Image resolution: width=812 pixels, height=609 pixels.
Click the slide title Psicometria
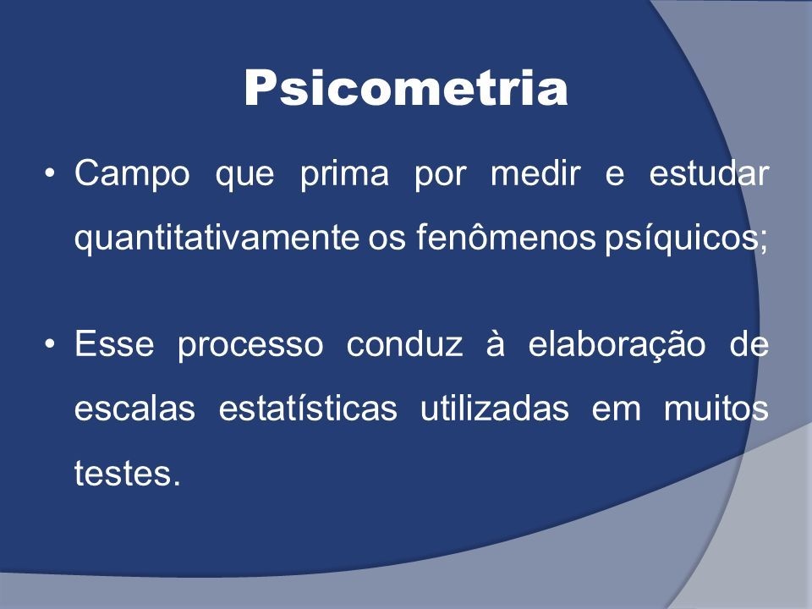(406, 87)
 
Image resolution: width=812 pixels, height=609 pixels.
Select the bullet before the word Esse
(50, 343)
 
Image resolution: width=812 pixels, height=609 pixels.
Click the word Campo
(132, 174)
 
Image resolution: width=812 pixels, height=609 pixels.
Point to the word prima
(344, 174)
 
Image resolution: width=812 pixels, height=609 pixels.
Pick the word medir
(535, 173)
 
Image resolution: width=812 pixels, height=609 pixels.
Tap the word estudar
(709, 173)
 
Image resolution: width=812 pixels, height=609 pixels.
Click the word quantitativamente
(217, 239)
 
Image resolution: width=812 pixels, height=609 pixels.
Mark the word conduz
(404, 343)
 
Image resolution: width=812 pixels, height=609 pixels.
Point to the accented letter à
(495, 343)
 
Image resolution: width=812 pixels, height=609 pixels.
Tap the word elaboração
(617, 345)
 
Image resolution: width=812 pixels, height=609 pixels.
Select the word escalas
(134, 408)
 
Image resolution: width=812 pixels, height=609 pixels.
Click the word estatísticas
(308, 408)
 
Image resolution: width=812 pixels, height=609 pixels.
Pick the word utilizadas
(495, 408)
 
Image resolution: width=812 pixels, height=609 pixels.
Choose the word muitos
(716, 408)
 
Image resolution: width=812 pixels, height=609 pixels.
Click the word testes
(128, 472)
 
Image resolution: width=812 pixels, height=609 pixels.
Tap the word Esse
(114, 343)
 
